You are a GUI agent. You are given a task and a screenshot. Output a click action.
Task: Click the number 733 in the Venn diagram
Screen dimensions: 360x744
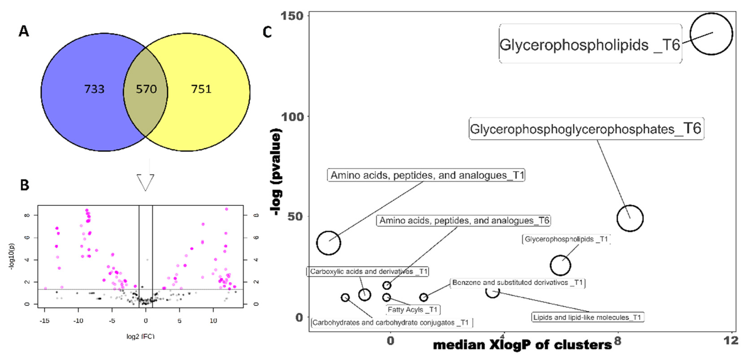coord(94,89)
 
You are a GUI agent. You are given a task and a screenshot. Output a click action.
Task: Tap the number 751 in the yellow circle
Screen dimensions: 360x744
coord(201,89)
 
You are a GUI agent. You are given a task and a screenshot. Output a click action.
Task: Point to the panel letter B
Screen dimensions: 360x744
coord(25,185)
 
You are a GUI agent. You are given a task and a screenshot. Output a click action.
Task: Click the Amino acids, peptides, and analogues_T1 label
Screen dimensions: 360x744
coord(426,175)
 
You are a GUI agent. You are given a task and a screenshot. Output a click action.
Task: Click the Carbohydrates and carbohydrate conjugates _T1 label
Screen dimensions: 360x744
coord(391,322)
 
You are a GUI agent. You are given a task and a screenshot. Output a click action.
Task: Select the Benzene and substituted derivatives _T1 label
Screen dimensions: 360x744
coord(517,282)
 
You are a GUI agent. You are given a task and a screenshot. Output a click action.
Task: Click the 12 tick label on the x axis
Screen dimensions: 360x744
coord(730,340)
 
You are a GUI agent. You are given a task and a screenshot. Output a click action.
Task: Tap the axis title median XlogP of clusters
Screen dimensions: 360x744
coord(522,345)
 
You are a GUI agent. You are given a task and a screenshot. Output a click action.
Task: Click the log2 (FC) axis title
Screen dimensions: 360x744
coord(140,336)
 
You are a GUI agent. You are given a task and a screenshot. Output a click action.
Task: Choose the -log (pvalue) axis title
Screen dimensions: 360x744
coord(276,172)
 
